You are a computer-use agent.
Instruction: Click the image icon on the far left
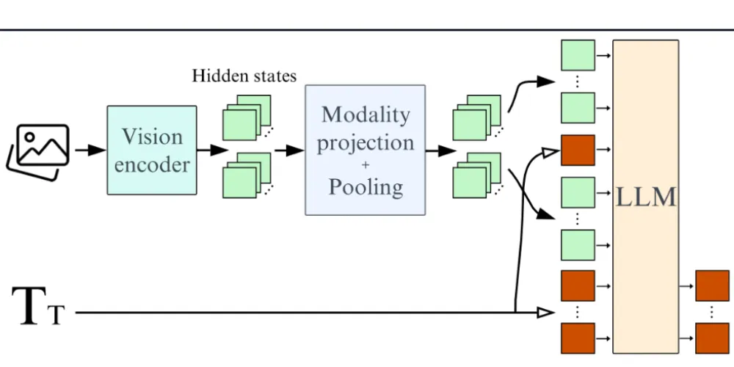coord(39,150)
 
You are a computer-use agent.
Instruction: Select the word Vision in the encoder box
coord(152,137)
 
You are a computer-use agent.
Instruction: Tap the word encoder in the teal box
coord(152,164)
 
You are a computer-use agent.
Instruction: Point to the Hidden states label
coord(244,76)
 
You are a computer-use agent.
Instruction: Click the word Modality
coord(366,115)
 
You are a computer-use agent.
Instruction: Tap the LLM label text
coord(645,196)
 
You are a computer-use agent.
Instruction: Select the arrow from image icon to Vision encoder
coord(91,150)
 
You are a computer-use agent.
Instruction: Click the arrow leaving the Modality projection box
coord(438,150)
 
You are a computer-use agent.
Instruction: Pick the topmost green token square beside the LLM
coord(578,55)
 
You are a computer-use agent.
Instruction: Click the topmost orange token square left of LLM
coord(578,150)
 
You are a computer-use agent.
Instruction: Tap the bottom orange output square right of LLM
coord(711,338)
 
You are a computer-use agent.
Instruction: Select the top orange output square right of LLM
coord(711,286)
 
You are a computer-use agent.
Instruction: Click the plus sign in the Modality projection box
coord(366,164)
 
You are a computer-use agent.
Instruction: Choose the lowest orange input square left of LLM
coord(578,338)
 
